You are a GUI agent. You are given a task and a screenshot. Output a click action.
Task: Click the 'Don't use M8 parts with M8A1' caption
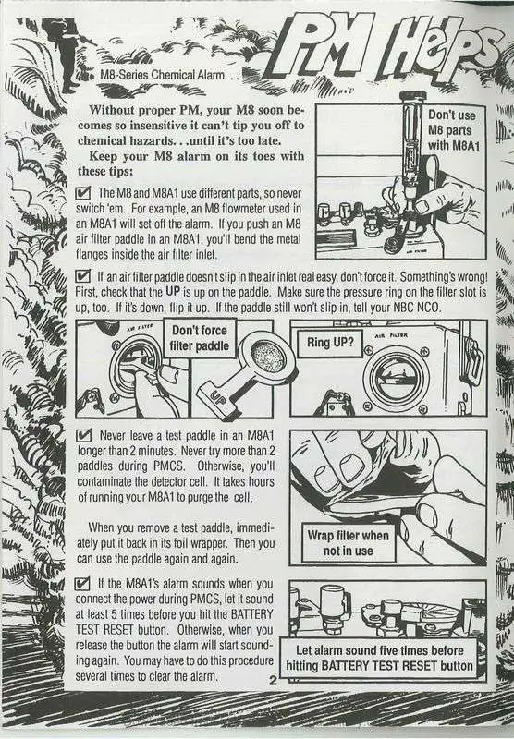(x=453, y=130)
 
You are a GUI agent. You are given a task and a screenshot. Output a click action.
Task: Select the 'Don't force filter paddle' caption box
(x=200, y=338)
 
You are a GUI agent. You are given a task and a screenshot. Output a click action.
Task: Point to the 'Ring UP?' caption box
(x=330, y=342)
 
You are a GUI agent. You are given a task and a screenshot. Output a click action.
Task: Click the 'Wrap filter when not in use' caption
(x=348, y=543)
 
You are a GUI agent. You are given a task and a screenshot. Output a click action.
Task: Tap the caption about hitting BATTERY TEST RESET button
(x=379, y=658)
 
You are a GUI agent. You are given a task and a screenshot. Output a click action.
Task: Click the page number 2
(x=273, y=680)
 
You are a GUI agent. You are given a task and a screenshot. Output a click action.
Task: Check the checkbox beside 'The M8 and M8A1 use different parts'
(x=83, y=192)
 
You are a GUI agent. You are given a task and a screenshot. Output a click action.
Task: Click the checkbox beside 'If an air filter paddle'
(x=83, y=275)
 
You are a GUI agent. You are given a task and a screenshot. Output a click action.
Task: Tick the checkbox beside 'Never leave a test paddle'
(x=84, y=434)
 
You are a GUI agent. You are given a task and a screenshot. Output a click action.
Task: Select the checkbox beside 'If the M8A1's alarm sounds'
(x=82, y=584)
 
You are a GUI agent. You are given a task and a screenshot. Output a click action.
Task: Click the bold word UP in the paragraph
(x=173, y=292)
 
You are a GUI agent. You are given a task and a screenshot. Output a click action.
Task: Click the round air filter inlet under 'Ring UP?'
(x=393, y=377)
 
